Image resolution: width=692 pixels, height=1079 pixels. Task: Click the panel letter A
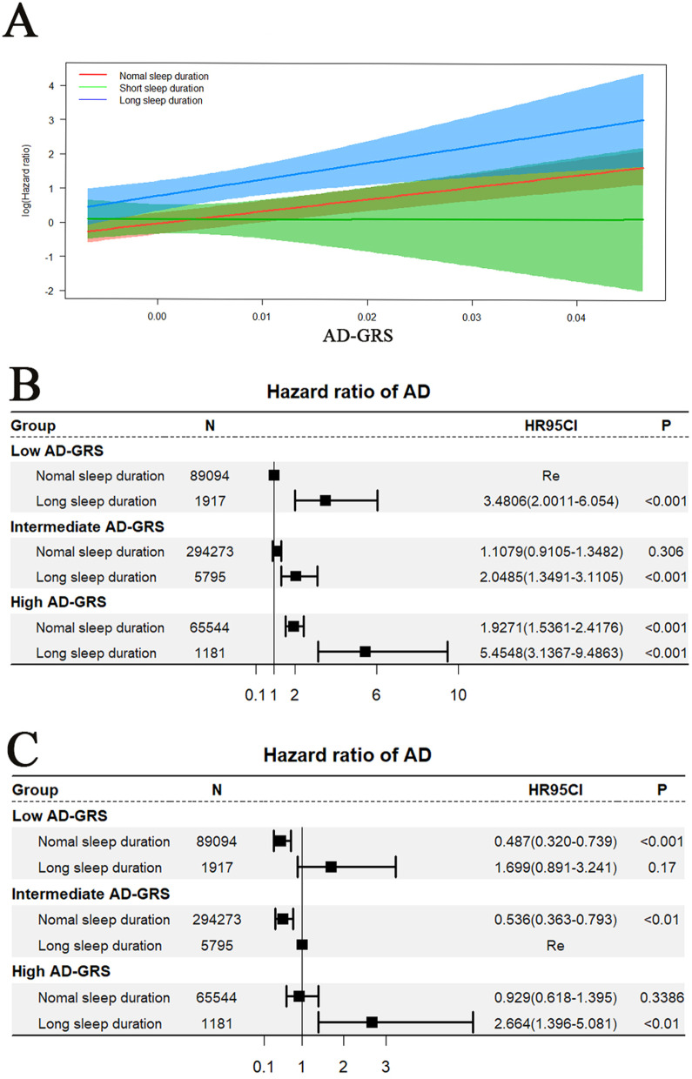click(x=20, y=23)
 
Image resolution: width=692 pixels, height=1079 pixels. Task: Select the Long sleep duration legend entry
click(x=161, y=101)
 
